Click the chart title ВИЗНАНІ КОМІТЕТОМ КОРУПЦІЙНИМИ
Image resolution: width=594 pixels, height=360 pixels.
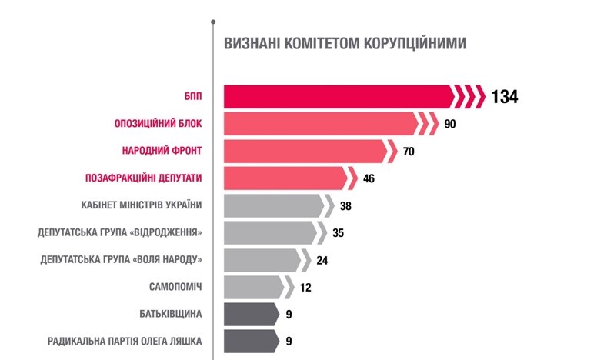coord(345,43)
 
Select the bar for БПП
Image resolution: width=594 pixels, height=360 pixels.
coord(339,96)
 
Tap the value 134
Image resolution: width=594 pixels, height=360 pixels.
coord(505,97)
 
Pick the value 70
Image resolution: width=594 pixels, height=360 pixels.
coord(409,152)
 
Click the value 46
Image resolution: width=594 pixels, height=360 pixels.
coord(369,178)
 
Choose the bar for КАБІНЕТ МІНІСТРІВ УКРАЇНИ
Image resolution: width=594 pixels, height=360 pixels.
coord(274,205)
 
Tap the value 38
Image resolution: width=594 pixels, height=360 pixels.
coord(345,206)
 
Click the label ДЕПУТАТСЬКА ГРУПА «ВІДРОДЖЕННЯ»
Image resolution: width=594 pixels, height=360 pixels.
coord(120,232)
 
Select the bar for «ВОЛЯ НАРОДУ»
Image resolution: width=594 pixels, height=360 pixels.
coord(262,260)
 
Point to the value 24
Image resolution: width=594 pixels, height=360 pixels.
coord(322,260)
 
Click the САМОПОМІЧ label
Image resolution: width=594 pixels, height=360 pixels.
coord(175,287)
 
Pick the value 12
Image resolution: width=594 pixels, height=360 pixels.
coord(305,288)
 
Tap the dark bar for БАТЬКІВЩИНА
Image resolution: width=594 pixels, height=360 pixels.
coord(249,314)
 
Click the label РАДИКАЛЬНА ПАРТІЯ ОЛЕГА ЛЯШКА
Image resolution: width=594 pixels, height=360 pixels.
coord(125,342)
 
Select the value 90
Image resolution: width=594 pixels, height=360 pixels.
coord(451,124)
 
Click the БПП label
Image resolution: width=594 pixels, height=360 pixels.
coord(193,96)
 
